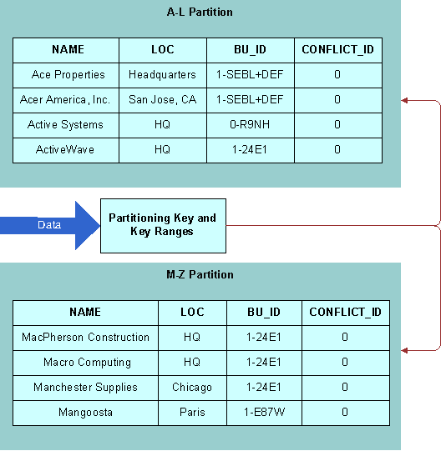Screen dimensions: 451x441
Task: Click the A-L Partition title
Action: [200, 13]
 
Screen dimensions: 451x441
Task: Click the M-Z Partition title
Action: [200, 275]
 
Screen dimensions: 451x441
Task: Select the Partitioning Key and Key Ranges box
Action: [162, 225]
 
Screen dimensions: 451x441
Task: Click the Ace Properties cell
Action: [68, 75]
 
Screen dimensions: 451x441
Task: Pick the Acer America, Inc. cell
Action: [65, 100]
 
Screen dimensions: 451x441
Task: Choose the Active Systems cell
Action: [65, 125]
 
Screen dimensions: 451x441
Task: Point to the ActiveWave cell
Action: [65, 150]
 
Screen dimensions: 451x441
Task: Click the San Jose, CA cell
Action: [162, 100]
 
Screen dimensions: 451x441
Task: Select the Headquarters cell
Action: [162, 75]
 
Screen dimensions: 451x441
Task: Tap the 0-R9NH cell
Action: [250, 125]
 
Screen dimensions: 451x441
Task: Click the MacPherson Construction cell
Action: [85, 338]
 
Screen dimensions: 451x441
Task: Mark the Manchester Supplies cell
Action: [85, 388]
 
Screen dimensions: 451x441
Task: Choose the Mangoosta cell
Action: [85, 413]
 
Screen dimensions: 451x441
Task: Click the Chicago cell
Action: [192, 388]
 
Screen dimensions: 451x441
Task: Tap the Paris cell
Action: [192, 413]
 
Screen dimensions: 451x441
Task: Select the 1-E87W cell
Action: [264, 413]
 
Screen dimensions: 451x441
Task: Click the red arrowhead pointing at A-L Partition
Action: [404, 101]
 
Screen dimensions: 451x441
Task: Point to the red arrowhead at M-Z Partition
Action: [404, 350]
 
